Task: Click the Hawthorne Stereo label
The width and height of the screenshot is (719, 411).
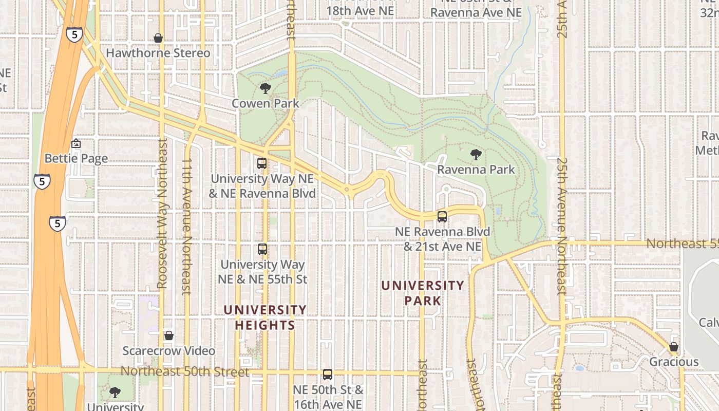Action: pyautogui.click(x=158, y=53)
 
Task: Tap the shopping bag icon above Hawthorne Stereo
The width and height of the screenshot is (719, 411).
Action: pyautogui.click(x=158, y=38)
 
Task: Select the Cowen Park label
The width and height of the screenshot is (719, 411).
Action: pyautogui.click(x=265, y=103)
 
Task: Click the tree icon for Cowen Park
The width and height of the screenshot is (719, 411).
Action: pyautogui.click(x=266, y=88)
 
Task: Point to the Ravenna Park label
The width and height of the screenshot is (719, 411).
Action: pyautogui.click(x=476, y=169)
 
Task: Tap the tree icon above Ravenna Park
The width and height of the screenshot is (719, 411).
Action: pyautogui.click(x=476, y=154)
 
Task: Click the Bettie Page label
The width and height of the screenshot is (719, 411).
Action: pyautogui.click(x=76, y=158)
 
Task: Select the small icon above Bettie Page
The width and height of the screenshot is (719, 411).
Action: pyautogui.click(x=76, y=143)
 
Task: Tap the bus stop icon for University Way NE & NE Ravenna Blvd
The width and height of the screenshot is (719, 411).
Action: pyautogui.click(x=262, y=164)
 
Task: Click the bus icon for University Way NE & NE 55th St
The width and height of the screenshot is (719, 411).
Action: pyautogui.click(x=262, y=249)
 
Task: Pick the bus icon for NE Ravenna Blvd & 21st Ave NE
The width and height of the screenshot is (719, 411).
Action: pyautogui.click(x=442, y=217)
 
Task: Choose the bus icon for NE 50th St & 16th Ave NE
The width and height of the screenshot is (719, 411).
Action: pyautogui.click(x=328, y=375)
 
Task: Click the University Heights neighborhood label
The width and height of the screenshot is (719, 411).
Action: pyautogui.click(x=265, y=317)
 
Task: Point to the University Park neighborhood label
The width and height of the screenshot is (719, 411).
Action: pyautogui.click(x=423, y=293)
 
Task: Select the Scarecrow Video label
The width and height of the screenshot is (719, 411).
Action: pyautogui.click(x=168, y=351)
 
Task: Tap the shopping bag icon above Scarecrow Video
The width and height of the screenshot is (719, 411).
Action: pyautogui.click(x=168, y=336)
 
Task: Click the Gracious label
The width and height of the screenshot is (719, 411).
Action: pyautogui.click(x=674, y=362)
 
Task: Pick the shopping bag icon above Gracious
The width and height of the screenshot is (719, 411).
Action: pyautogui.click(x=674, y=347)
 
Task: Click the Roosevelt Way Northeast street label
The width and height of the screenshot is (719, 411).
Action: pyautogui.click(x=162, y=213)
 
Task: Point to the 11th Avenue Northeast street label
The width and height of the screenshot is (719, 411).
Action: pyautogui.click(x=186, y=226)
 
